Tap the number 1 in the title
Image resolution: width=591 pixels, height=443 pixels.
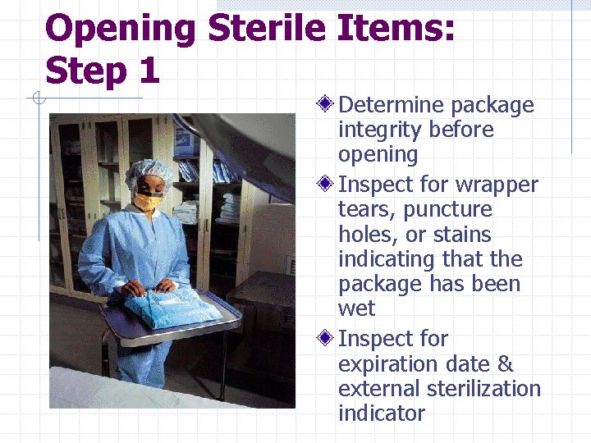[148, 71]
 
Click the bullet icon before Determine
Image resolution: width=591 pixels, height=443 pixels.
[327, 105]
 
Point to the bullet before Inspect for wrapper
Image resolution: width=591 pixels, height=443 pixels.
[327, 185]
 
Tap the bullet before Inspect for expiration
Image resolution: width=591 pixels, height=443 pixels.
[327, 339]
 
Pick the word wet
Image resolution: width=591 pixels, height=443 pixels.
[356, 308]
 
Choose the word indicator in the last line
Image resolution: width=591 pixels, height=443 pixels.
[381, 413]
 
